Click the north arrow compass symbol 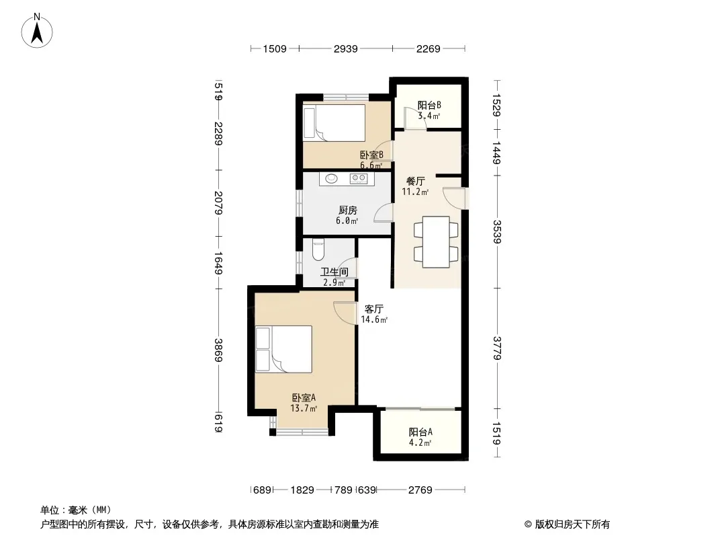[x=37, y=31]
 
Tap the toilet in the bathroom [x=318, y=249]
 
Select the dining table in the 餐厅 [x=436, y=242]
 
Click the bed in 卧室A [x=283, y=349]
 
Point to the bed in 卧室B [x=334, y=123]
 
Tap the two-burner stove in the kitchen [x=359, y=179]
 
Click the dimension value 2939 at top [x=346, y=48]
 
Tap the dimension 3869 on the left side [x=218, y=350]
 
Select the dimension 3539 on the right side [x=497, y=232]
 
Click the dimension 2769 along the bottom [x=420, y=490]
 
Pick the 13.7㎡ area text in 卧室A [x=304, y=408]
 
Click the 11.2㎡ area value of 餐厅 [x=415, y=192]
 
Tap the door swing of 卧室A [x=345, y=313]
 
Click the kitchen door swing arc [x=384, y=213]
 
